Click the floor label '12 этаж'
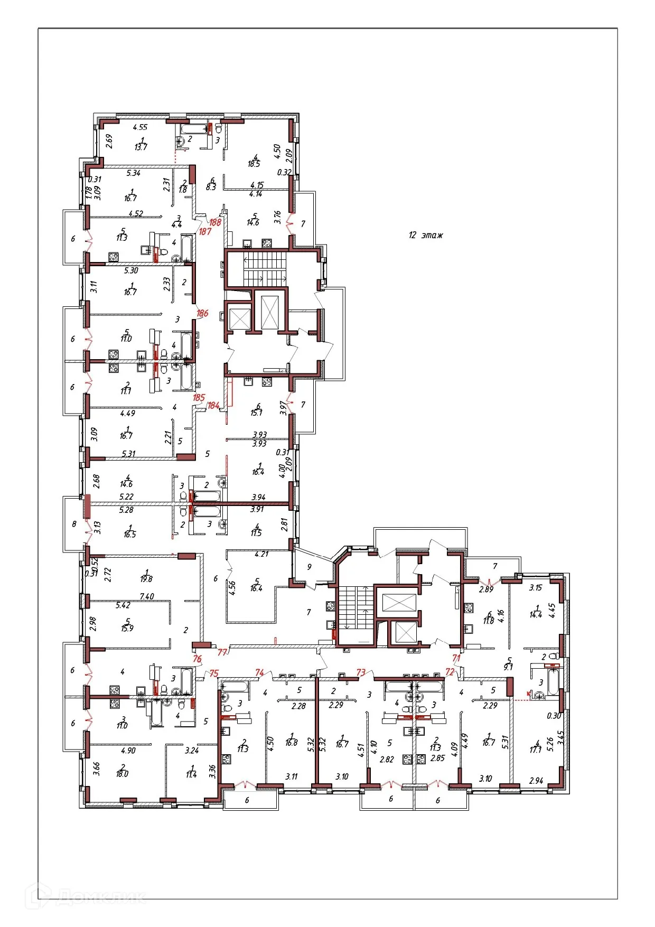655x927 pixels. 425,235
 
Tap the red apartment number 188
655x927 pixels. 215,222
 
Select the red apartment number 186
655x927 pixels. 202,313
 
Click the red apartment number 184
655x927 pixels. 213,406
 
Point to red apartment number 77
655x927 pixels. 222,652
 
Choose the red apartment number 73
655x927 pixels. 361,672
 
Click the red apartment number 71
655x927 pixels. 456,658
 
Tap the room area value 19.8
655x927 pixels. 146,579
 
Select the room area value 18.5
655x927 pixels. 254,164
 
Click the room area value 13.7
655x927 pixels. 141,147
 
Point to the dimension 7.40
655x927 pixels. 146,596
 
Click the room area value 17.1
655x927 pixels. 536,750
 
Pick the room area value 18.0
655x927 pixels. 122,774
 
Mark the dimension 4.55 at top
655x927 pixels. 140,127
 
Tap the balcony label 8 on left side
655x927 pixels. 74,525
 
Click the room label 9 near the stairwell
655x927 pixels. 310,567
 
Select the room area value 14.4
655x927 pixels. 536,615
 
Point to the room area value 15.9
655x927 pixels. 127,629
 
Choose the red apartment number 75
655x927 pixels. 213,673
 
